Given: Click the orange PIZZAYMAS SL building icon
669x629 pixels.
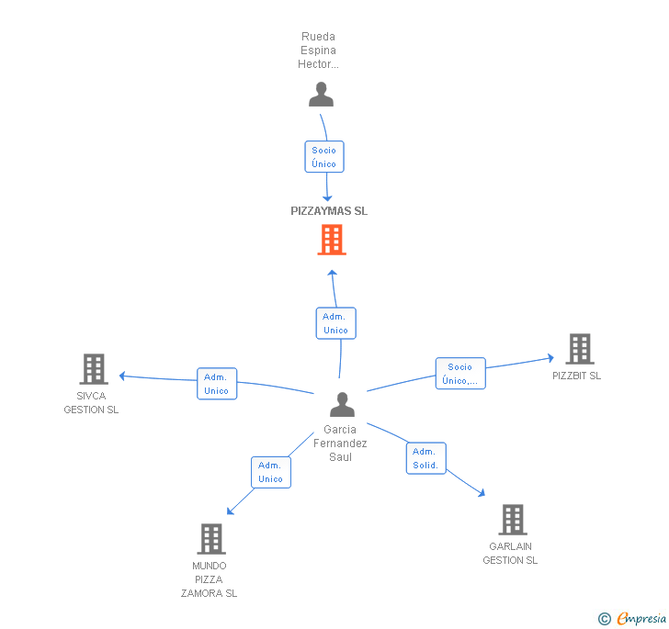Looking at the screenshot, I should [332, 241].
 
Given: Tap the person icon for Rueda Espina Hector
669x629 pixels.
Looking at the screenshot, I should [321, 95].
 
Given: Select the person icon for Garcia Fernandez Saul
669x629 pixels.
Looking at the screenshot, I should [342, 404].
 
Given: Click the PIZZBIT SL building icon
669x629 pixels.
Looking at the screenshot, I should [579, 349].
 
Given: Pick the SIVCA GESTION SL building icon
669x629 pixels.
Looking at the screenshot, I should [93, 369].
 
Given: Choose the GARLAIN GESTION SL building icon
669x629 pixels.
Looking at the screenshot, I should [512, 520].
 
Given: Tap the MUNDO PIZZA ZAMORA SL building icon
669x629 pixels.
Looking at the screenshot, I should [211, 539].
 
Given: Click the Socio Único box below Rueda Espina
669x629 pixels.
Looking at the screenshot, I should [323, 157].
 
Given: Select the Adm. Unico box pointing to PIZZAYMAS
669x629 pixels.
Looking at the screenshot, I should [335, 323].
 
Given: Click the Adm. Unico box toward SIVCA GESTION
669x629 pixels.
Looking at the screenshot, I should [217, 384].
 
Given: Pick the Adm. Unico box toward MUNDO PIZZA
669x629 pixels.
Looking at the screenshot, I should [271, 472].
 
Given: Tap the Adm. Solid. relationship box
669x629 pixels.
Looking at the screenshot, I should [425, 458].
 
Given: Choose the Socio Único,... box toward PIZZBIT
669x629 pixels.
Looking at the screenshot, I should [460, 374].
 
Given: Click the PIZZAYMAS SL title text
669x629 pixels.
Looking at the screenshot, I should [329, 210].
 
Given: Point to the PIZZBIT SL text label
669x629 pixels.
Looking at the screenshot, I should [577, 376].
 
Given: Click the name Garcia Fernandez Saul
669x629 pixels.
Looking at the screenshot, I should [340, 444].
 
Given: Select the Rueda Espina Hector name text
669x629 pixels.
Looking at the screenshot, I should [319, 51].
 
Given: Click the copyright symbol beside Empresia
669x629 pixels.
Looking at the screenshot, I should [605, 619].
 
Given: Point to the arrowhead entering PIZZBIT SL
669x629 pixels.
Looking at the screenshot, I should [550, 358].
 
